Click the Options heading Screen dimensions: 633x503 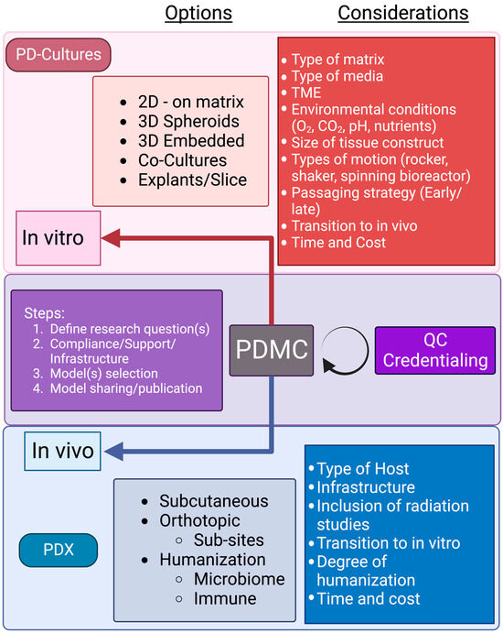point(198,13)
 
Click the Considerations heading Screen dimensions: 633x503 point(402,13)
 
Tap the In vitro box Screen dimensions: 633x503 point(52,239)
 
